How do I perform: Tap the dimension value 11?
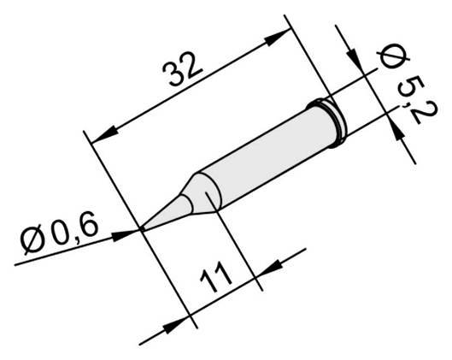coord(219,281)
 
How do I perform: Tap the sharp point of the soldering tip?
coord(142,228)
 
